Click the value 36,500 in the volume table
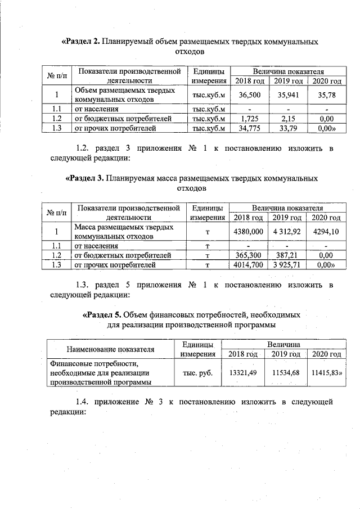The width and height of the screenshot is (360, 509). (x=249, y=95)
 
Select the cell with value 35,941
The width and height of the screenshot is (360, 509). (x=288, y=95)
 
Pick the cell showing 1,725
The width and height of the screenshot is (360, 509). (x=249, y=119)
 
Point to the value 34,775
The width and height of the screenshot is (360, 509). (x=249, y=128)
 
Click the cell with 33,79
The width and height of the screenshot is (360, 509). (x=288, y=128)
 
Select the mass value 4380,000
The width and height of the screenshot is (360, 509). (x=248, y=232)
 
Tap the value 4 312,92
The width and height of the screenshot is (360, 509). (x=287, y=232)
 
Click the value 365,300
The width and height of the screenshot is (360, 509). (x=248, y=255)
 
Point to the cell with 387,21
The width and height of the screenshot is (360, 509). (x=287, y=255)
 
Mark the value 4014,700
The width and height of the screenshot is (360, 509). (x=248, y=265)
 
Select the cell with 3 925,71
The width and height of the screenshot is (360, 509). (x=287, y=265)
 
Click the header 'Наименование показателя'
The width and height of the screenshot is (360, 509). (x=110, y=349)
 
